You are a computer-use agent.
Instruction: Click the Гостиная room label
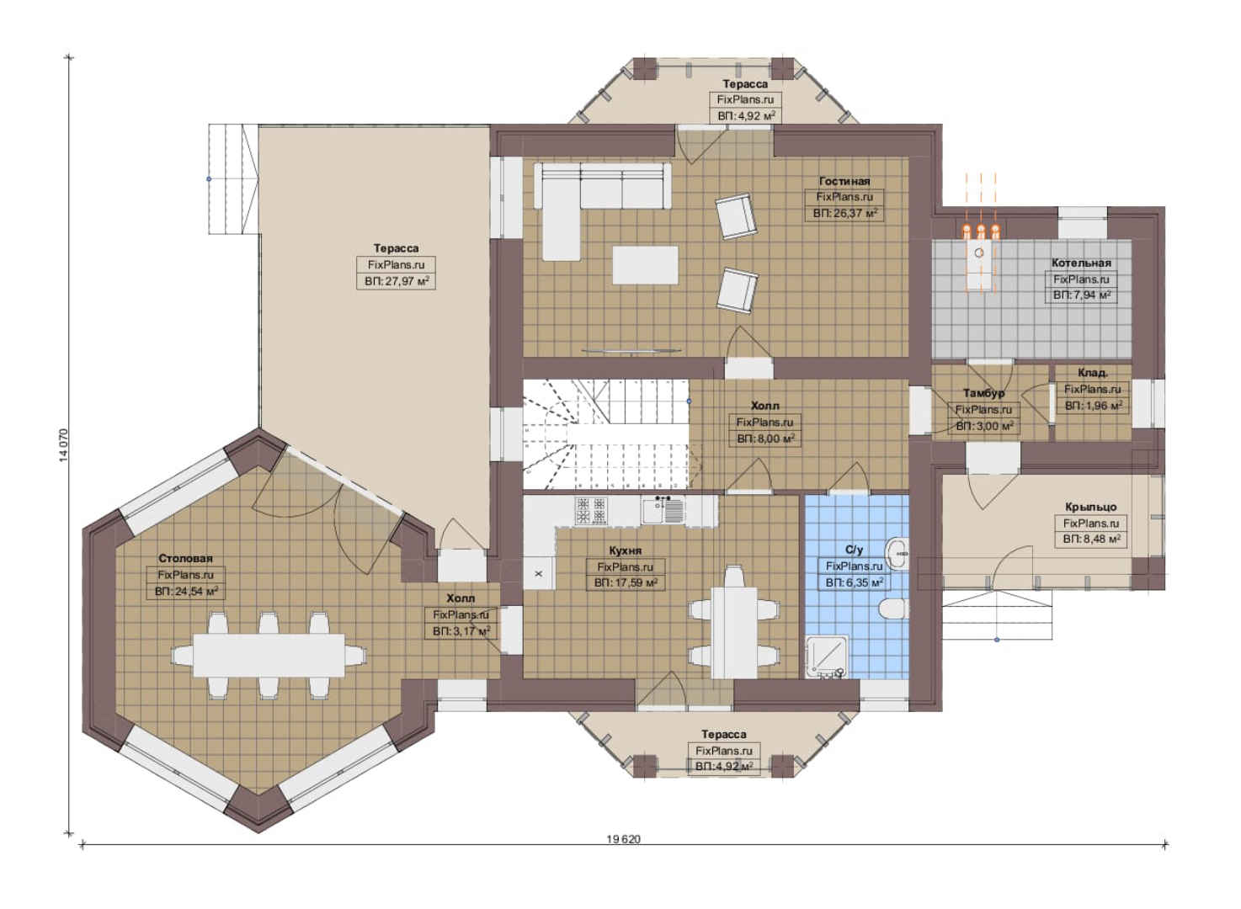[x=844, y=181]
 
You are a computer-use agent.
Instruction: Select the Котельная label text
[x=1081, y=263]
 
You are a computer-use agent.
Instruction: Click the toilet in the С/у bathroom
[x=893, y=609]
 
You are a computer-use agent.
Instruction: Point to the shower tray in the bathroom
[x=827, y=657]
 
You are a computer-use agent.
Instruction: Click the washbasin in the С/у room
[x=897, y=553]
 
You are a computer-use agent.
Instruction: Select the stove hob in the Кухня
[x=591, y=510]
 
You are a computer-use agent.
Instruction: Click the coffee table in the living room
[x=646, y=265]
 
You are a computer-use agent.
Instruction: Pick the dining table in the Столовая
[x=269, y=656]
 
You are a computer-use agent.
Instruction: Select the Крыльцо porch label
[x=1091, y=507]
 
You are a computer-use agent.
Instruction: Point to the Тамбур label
[x=983, y=393]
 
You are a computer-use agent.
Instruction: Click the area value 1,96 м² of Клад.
[x=1094, y=406]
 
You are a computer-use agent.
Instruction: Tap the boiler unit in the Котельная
[x=979, y=257]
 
